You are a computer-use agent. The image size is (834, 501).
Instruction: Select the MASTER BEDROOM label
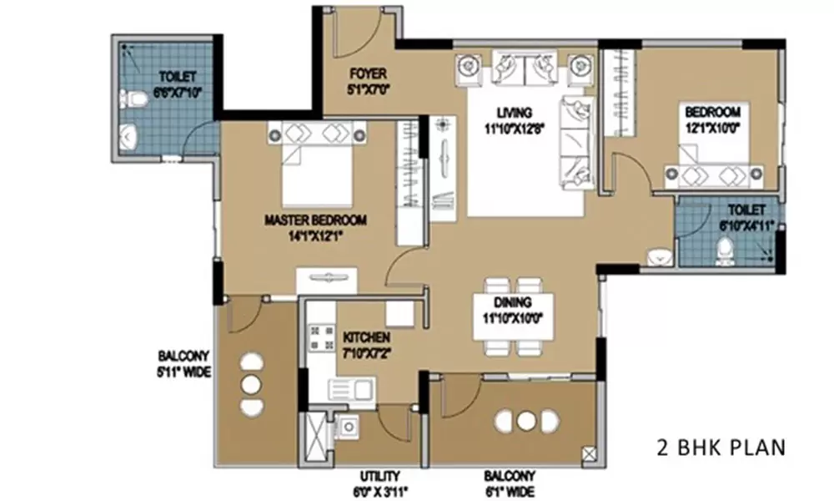[315, 220]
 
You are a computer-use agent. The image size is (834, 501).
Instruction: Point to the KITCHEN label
[366, 337]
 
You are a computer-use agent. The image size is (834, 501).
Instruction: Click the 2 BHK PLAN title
[721, 448]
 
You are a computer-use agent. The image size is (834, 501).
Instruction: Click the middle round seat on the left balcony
[250, 385]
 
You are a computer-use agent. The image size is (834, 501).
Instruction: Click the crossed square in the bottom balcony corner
[589, 453]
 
